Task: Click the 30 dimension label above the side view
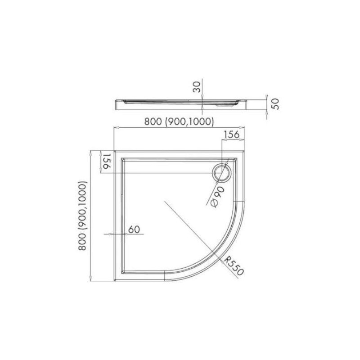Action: (197, 86)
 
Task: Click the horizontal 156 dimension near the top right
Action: (231, 135)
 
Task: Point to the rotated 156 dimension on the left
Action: (107, 161)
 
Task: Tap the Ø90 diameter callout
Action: (217, 197)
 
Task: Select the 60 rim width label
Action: (134, 229)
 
